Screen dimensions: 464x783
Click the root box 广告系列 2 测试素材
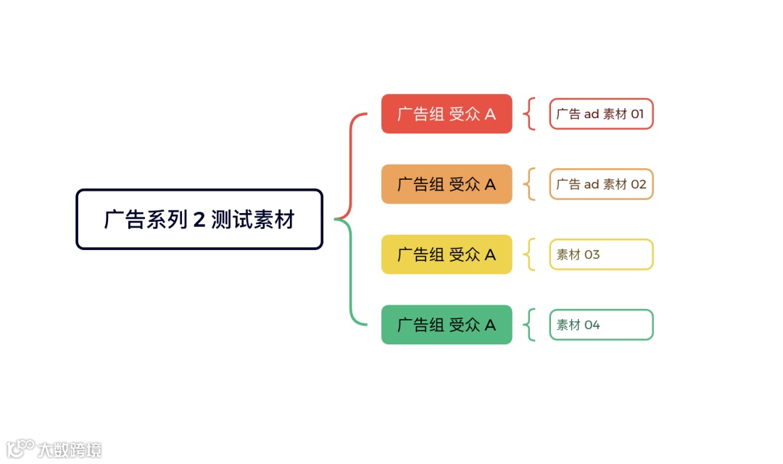click(199, 219)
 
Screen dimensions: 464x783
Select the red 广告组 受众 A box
click(447, 114)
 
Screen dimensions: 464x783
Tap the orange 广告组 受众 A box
click(447, 184)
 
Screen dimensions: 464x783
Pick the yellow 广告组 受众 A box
click(447, 254)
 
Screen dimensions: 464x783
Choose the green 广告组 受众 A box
click(447, 325)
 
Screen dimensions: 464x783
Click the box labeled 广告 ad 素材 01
click(601, 114)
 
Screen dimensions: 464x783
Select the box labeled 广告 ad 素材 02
click(601, 184)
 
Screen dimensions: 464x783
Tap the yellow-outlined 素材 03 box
click(601, 254)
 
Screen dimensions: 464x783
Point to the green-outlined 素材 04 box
click(601, 325)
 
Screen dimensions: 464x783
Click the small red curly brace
click(529, 114)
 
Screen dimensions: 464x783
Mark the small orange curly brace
click(529, 184)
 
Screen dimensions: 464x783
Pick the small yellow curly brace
click(529, 254)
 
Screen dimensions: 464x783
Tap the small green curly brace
click(529, 325)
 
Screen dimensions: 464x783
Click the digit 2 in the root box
click(199, 220)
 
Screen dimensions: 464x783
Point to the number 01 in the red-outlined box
click(637, 114)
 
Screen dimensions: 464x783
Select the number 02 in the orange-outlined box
click(638, 184)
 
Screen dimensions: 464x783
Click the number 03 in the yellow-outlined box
click(592, 254)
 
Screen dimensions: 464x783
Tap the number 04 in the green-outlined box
click(592, 325)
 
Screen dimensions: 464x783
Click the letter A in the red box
click(490, 114)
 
